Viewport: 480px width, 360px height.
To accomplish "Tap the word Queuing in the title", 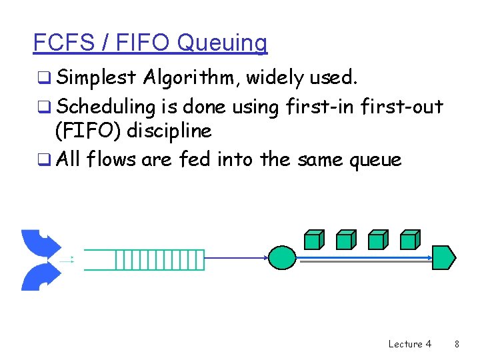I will [222, 43].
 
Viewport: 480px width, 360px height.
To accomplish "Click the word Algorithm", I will [190, 79].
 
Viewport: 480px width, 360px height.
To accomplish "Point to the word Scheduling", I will [106, 106].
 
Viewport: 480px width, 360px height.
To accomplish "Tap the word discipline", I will [169, 131].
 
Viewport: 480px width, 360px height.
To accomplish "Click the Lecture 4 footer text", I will [409, 344].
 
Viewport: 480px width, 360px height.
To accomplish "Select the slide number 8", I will [457, 344].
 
